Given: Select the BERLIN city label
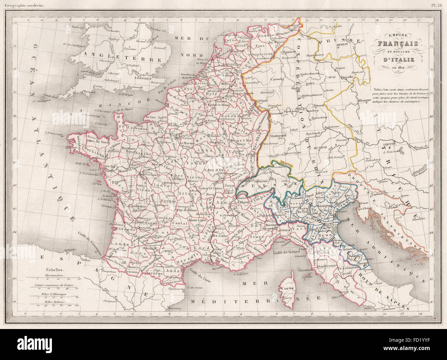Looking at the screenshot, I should (351, 44).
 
